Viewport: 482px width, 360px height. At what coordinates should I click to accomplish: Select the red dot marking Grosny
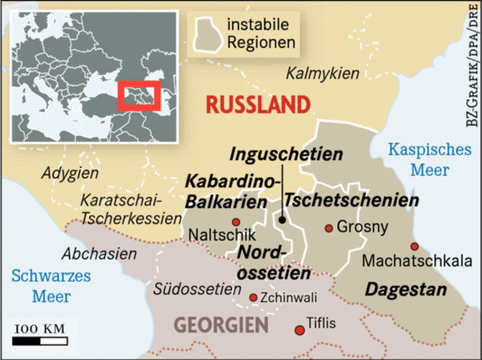328,227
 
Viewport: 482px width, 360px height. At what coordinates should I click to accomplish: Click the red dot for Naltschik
236,221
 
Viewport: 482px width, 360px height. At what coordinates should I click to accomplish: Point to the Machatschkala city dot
414,246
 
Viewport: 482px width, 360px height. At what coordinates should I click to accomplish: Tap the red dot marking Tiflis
299,328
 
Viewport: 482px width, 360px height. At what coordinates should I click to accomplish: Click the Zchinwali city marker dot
252,297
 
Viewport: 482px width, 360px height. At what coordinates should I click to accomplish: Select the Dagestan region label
395,288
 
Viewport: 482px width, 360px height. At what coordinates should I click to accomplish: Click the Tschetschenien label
351,200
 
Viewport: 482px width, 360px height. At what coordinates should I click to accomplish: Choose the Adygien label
70,173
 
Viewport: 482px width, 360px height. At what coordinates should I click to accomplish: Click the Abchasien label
100,254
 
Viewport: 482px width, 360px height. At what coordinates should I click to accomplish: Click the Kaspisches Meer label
429,160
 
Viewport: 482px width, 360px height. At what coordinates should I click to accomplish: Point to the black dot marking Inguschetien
282,220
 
